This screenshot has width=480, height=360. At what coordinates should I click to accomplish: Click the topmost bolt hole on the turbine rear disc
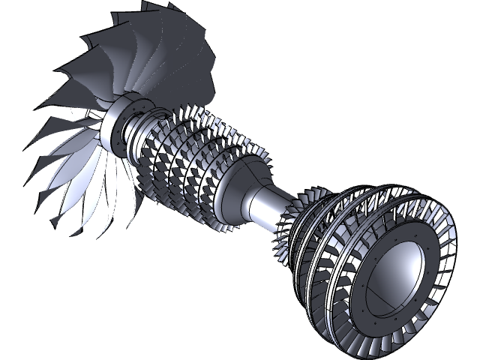point(413,234)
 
